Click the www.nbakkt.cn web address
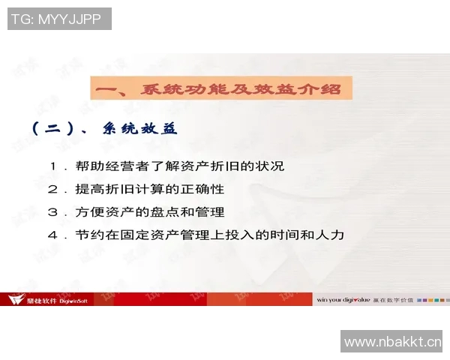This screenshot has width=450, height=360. point(392,342)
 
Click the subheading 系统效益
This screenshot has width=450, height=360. point(139,128)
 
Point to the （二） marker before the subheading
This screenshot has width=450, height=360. point(56,128)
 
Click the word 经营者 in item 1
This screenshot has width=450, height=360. point(127,166)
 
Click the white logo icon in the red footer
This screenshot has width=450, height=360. point(13,299)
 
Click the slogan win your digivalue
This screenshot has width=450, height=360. point(343,299)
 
